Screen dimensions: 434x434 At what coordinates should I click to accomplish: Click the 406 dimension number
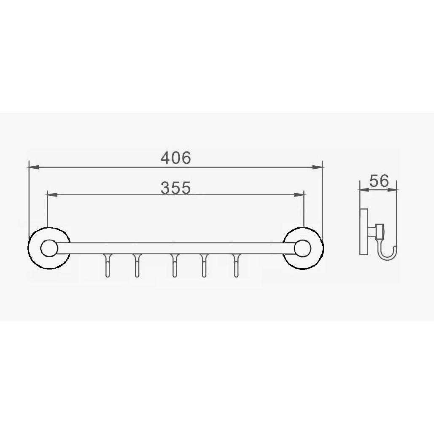click(176, 158)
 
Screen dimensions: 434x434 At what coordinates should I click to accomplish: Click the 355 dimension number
click(176, 188)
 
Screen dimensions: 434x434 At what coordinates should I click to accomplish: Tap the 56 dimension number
click(379, 181)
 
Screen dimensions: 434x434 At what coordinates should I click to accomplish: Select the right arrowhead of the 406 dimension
click(317, 167)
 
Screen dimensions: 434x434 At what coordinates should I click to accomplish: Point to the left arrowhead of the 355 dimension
click(52, 195)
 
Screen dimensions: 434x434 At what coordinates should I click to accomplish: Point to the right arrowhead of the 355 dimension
click(299, 195)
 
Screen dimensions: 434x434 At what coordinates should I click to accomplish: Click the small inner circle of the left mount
click(49, 248)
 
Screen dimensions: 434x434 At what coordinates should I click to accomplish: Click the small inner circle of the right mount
click(302, 248)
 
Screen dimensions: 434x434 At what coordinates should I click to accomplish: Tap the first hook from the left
click(108, 265)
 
